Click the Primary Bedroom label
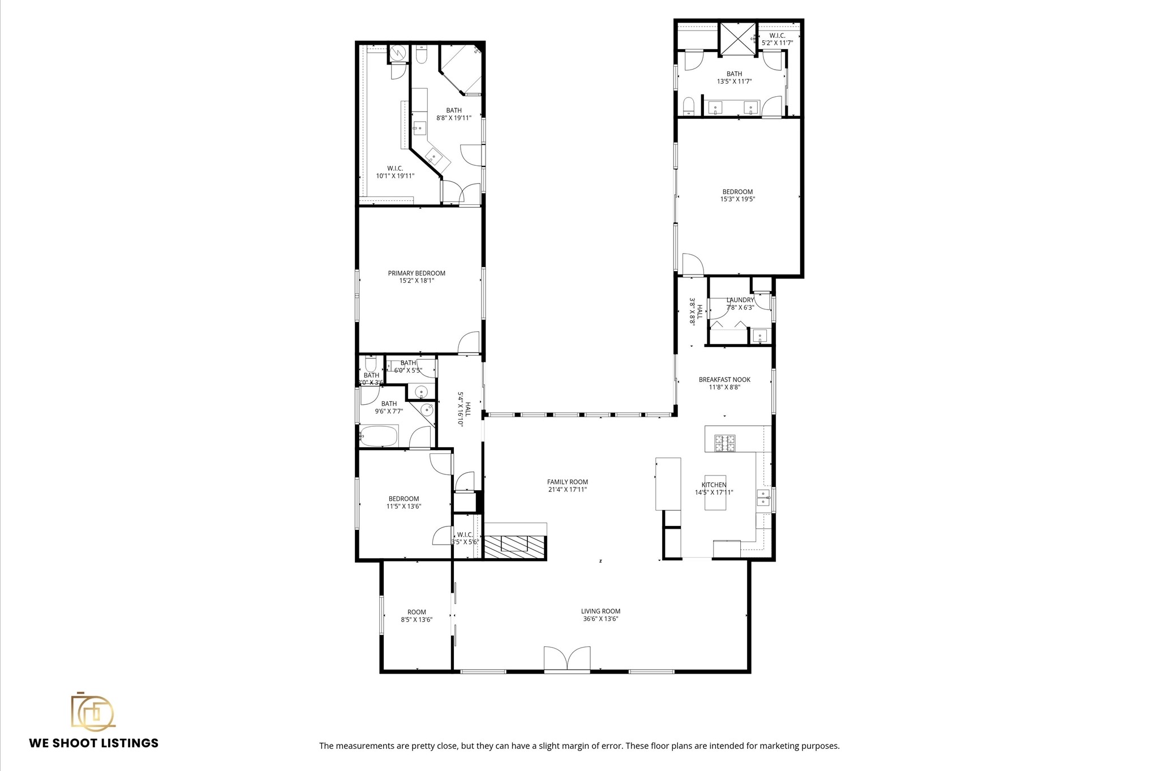[417, 273]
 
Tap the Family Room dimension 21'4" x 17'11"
[567, 490]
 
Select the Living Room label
[600, 611]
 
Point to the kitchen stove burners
[725, 443]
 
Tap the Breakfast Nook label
[724, 380]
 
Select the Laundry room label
[740, 300]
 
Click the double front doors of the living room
[566, 659]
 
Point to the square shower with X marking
[737, 38]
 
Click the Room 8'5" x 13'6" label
[417, 612]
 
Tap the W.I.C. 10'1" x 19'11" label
[395, 168]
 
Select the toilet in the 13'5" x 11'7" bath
[689, 106]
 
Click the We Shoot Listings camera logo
[92, 712]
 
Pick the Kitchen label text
[714, 485]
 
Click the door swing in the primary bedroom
[469, 343]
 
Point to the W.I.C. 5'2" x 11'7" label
[777, 35]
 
